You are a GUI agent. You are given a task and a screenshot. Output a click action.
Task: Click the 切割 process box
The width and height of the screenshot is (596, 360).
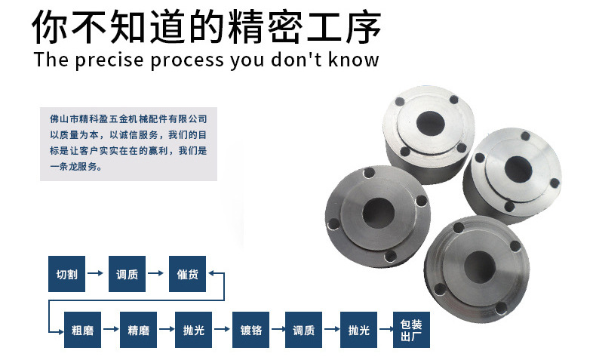tap(66, 274)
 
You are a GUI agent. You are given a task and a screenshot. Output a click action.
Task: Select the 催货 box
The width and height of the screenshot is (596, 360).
tap(187, 274)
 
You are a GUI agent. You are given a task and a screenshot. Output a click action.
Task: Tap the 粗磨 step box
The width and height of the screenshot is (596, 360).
tap(82, 330)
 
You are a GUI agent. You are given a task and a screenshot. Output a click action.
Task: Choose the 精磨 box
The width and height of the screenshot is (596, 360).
tap(138, 330)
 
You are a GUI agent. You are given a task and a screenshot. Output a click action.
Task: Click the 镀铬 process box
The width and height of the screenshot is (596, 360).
tap(251, 330)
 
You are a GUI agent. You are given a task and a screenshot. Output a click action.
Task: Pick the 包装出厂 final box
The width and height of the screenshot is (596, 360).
tap(411, 330)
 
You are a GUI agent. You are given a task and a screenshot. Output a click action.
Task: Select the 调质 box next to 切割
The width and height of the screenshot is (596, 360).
tap(127, 274)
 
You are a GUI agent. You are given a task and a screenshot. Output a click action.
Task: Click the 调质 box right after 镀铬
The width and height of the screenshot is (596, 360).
tap(304, 330)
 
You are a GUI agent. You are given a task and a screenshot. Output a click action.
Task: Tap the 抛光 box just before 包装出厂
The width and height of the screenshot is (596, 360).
tap(359, 330)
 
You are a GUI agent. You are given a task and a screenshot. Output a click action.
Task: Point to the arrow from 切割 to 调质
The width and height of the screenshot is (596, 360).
tap(95, 273)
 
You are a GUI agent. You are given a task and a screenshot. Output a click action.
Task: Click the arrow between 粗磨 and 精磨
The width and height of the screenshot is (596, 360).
tap(111, 329)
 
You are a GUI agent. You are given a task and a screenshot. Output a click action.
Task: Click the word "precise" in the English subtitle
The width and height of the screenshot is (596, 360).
tap(109, 60)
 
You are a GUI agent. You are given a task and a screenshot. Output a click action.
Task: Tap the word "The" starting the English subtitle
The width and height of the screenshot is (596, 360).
tap(51, 60)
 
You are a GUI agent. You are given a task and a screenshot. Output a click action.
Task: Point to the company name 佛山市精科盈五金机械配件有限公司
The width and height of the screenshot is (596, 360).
tap(128, 119)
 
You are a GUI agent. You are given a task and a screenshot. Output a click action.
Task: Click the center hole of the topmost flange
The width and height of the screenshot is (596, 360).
tap(430, 123)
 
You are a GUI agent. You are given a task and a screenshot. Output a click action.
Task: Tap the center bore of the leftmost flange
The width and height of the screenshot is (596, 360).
tap(378, 213)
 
